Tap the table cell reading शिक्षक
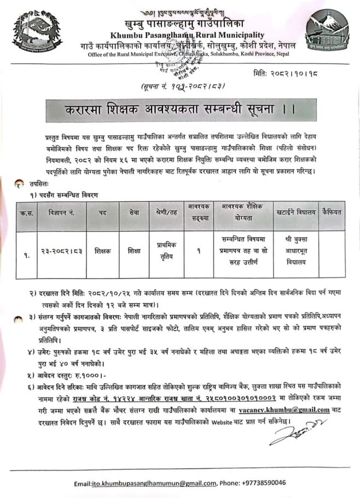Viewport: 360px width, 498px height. [102, 251]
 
